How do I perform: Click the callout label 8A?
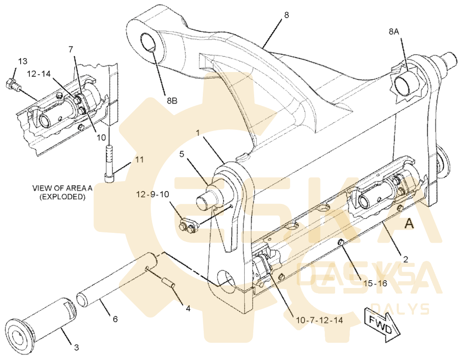[394, 32]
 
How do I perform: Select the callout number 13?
[22, 62]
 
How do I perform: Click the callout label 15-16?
[375, 283]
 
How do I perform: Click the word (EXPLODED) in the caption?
[62, 197]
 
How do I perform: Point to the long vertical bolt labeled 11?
[109, 164]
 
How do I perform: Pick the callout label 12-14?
[39, 74]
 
